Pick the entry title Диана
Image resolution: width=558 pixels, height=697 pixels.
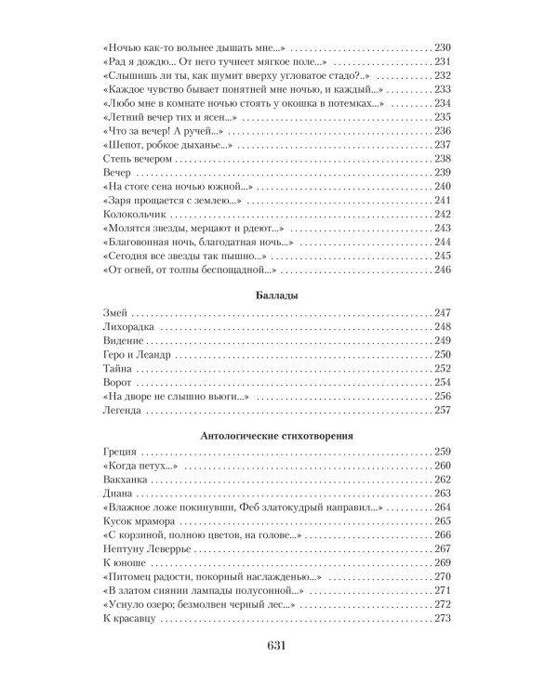113,493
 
